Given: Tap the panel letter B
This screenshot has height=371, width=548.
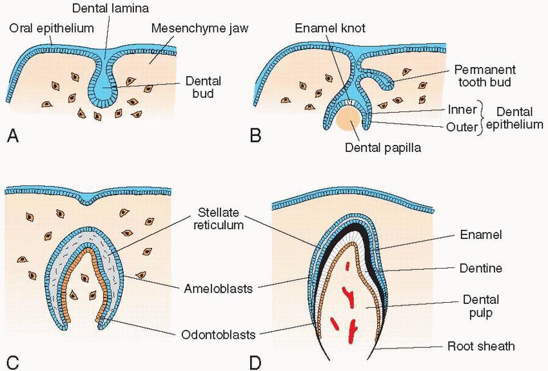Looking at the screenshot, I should (256, 136).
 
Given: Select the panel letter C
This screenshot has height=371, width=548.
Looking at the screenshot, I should (12, 361).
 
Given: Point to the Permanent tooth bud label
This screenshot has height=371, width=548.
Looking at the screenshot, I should (483, 75).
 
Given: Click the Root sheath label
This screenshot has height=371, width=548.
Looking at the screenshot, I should (481, 346).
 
